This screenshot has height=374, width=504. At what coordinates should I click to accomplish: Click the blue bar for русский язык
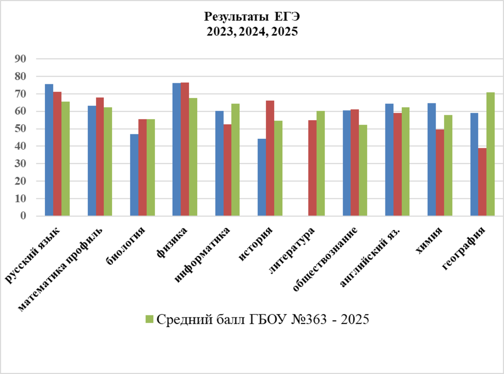49,150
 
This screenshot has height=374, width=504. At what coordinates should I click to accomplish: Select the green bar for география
490,154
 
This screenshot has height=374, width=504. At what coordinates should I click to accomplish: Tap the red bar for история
270,158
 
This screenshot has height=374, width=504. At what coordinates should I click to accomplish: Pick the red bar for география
482,182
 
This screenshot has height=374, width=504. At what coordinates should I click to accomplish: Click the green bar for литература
320,163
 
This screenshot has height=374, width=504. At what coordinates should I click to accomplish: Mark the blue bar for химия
431,159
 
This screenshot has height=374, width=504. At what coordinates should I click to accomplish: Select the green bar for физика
193,157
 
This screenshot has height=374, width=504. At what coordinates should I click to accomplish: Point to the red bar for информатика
227,170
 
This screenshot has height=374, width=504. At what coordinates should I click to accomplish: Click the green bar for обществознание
363,170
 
